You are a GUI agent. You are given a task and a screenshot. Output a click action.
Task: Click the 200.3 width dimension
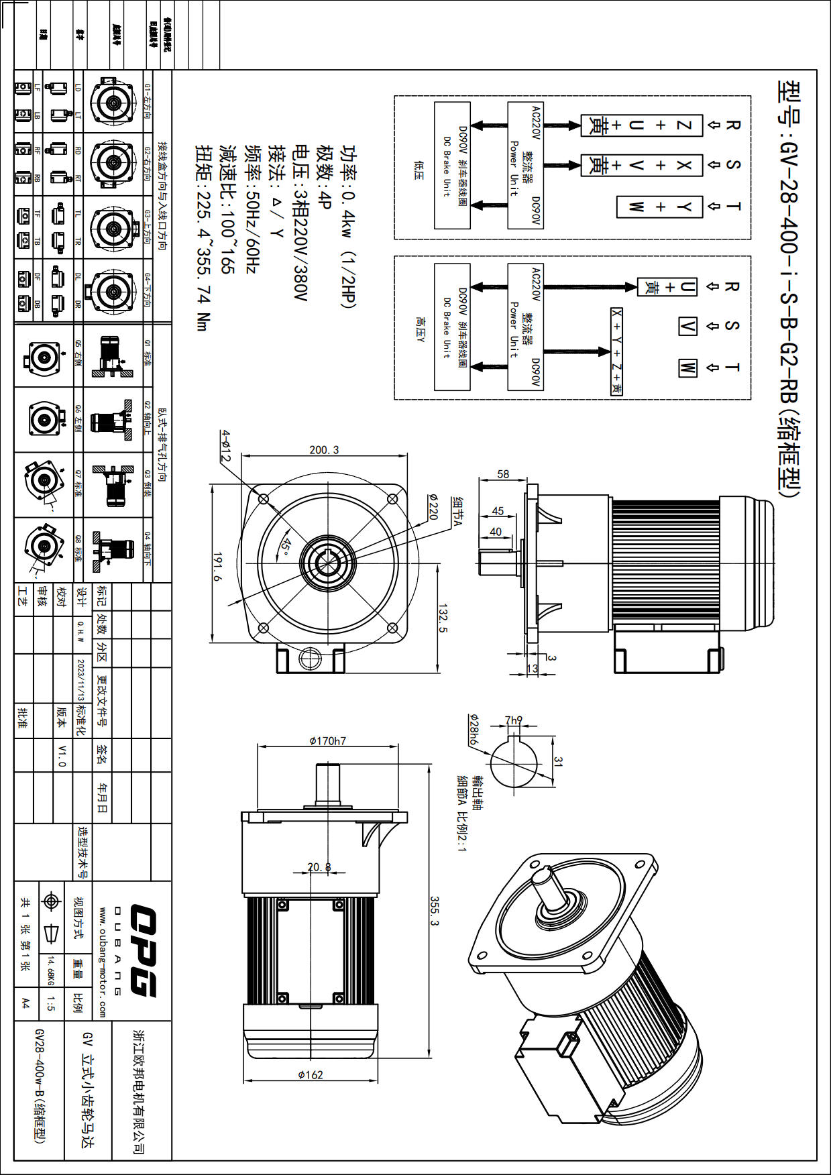(324, 450)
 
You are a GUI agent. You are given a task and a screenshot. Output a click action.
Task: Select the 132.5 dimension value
(443, 618)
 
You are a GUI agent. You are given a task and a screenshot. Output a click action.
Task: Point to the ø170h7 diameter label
(327, 741)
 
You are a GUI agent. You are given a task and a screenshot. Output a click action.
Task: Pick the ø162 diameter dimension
(310, 1075)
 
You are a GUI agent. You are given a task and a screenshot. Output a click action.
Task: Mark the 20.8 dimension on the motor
(319, 867)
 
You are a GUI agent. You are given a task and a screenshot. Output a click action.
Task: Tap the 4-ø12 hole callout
(226, 446)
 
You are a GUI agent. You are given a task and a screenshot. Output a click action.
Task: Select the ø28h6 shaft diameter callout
(474, 730)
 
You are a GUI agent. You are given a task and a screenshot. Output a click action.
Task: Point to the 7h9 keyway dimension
(514, 720)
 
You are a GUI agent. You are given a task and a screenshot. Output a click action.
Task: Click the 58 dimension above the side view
(503, 474)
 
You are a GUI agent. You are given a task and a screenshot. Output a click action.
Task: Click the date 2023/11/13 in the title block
(80, 679)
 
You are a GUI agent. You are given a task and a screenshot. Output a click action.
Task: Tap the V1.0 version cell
(62, 755)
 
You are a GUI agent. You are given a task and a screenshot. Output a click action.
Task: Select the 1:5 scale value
(51, 1003)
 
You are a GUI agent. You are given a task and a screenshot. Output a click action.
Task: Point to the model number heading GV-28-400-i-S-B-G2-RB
(789, 288)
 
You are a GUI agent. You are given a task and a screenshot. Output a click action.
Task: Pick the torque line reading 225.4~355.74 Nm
(203, 238)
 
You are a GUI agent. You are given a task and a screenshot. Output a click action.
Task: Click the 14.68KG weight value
(50, 971)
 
